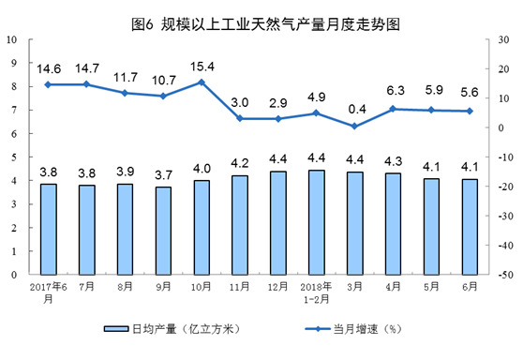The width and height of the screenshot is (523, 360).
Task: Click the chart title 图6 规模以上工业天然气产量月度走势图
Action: (x=261, y=21)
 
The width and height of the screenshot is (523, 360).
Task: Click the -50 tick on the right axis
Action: (x=502, y=276)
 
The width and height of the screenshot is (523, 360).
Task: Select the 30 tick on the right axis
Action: (x=502, y=39)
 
